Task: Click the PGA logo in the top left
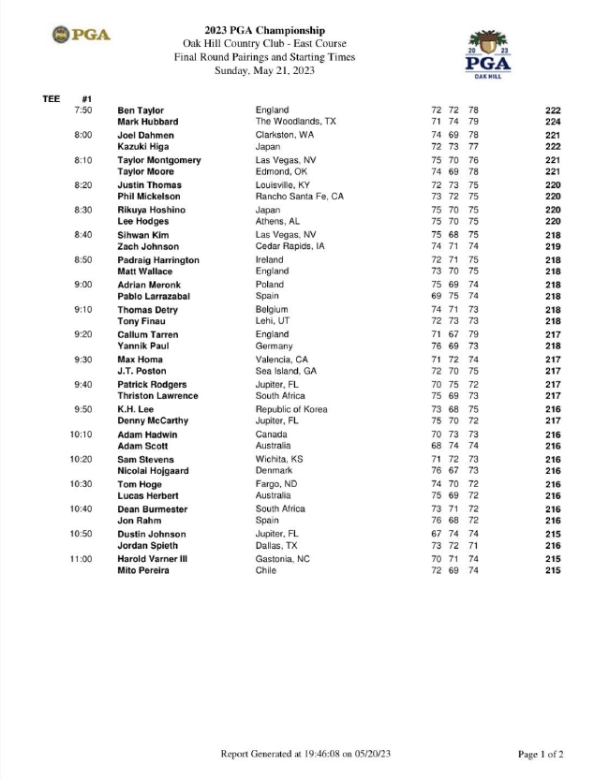tap(82, 36)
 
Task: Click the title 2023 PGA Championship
tap(264, 31)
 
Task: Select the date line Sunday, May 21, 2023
tap(264, 70)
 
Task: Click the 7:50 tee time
tap(83, 110)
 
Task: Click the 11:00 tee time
tap(82, 559)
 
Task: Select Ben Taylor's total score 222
tap(552, 110)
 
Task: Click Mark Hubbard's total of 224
tap(552, 122)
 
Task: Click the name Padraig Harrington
tap(158, 259)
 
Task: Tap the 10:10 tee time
tap(82, 434)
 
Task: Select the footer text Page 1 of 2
tap(541, 754)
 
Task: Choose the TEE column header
tap(52, 97)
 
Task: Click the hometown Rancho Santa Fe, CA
tap(300, 197)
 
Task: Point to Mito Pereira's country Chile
tap(266, 570)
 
